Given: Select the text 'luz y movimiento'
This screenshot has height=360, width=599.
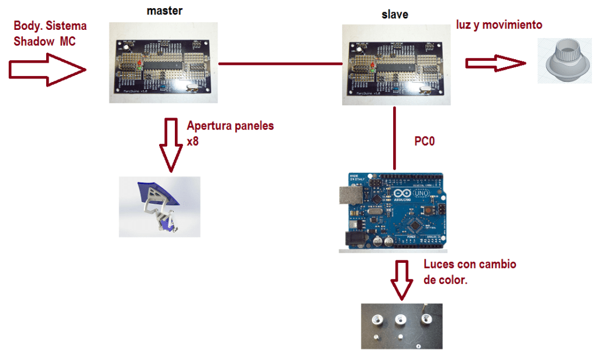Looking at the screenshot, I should [x=499, y=25].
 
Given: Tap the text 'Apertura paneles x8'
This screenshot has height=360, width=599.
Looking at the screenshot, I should [x=229, y=133].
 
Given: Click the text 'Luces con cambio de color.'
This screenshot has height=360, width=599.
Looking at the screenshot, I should [x=469, y=272].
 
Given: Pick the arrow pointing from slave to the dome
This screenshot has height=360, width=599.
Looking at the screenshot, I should [x=493, y=63].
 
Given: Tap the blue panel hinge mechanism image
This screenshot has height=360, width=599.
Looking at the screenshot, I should [x=159, y=207].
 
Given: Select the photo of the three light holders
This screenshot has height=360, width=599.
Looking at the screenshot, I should [x=401, y=326].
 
